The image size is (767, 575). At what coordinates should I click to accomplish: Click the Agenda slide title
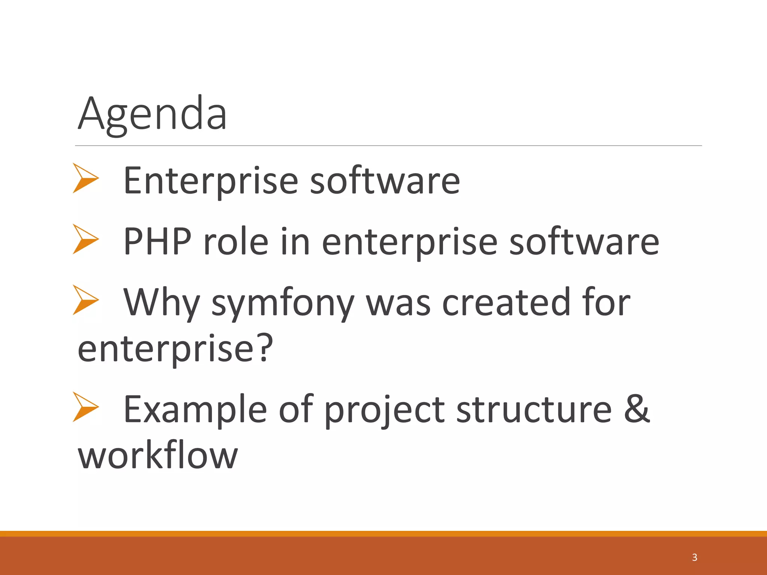[152, 113]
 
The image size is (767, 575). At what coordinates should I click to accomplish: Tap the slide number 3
[694, 557]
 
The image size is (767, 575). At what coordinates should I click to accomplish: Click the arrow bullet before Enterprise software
[85, 178]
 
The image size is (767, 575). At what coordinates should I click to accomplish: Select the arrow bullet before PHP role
[85, 239]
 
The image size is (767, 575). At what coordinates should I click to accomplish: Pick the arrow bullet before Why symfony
[85, 300]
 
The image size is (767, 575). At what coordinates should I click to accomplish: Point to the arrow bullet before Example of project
[85, 407]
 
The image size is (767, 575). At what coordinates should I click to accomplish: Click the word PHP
[157, 241]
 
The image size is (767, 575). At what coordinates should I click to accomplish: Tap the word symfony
[283, 303]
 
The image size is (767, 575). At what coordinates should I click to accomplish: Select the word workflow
[157, 455]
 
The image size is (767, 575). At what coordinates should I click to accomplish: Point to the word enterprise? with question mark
[175, 349]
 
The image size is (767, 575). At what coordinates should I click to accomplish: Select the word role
[236, 241]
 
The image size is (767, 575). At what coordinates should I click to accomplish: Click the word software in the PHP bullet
[584, 241]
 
